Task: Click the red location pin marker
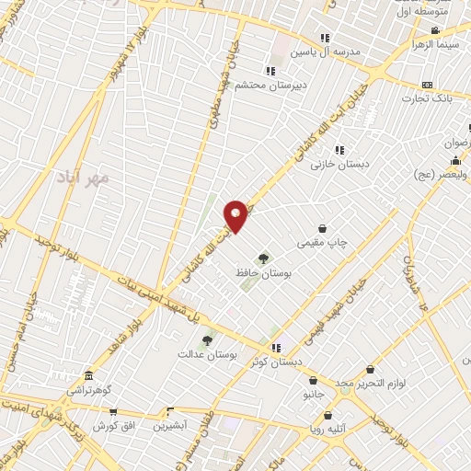(x=235, y=214)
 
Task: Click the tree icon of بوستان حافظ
(x=264, y=258)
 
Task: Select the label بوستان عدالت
(x=208, y=353)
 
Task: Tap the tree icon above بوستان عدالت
(x=207, y=339)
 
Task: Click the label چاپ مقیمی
(x=323, y=243)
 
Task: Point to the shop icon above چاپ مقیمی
(x=323, y=228)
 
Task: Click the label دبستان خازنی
(x=339, y=165)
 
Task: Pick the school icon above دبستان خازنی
(x=339, y=150)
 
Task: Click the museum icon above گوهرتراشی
(x=87, y=376)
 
